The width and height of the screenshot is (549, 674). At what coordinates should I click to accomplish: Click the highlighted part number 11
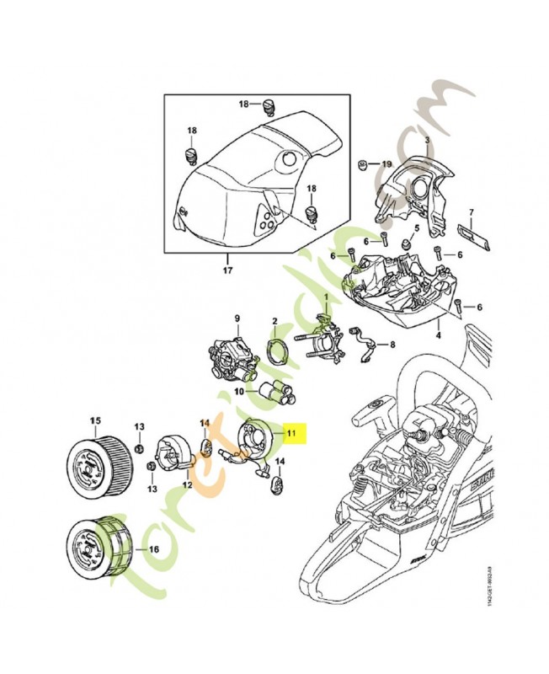(292, 433)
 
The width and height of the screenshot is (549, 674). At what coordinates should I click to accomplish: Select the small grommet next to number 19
(361, 163)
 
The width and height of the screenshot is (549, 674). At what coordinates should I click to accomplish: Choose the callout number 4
(438, 335)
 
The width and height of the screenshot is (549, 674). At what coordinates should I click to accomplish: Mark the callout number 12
(185, 486)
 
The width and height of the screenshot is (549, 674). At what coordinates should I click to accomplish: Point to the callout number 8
(392, 345)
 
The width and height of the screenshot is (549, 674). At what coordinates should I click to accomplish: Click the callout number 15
(95, 420)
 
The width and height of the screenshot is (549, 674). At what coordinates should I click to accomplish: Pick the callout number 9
(237, 318)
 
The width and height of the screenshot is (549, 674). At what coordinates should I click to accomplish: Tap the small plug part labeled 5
(405, 242)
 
